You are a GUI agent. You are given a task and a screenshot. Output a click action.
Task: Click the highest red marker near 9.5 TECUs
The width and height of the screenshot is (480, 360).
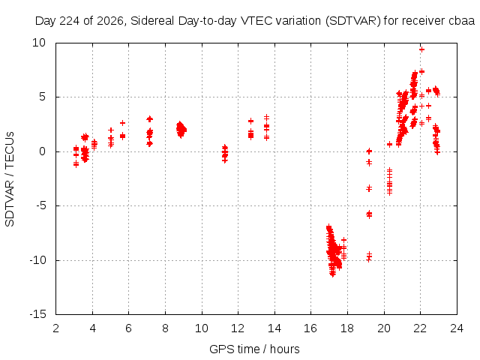pyautogui.click(x=421, y=49)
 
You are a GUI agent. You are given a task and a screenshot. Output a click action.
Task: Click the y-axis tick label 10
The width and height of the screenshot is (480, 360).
pyautogui.click(x=39, y=43)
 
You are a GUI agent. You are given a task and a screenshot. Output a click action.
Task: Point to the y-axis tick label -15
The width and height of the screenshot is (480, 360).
pyautogui.click(x=38, y=314)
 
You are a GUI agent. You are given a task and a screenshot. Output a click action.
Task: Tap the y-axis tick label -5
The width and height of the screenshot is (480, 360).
pyautogui.click(x=40, y=205)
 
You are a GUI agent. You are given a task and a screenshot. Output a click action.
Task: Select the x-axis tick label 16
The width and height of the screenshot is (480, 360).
pyautogui.click(x=310, y=328)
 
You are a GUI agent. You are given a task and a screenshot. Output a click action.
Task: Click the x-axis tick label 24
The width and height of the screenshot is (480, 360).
pyautogui.click(x=457, y=328)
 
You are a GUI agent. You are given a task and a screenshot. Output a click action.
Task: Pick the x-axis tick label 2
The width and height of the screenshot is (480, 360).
pyautogui.click(x=55, y=328)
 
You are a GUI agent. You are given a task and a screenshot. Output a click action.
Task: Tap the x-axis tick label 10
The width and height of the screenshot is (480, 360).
pyautogui.click(x=202, y=328)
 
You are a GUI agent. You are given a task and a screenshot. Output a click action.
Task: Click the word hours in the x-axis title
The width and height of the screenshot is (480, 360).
pyautogui.click(x=285, y=349)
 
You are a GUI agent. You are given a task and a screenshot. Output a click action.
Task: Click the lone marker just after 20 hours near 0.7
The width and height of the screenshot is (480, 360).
pyautogui.click(x=389, y=144)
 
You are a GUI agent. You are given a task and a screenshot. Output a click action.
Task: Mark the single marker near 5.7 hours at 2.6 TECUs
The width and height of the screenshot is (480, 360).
pyautogui.click(x=122, y=123)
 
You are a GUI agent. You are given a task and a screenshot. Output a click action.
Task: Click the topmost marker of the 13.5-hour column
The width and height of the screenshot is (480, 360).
pyautogui.click(x=267, y=117)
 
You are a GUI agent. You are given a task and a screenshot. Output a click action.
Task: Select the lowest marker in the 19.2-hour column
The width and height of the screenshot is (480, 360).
pyautogui.click(x=369, y=260)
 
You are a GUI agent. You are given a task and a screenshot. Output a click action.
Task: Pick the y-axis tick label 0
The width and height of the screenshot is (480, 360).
pyautogui.click(x=43, y=151)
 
